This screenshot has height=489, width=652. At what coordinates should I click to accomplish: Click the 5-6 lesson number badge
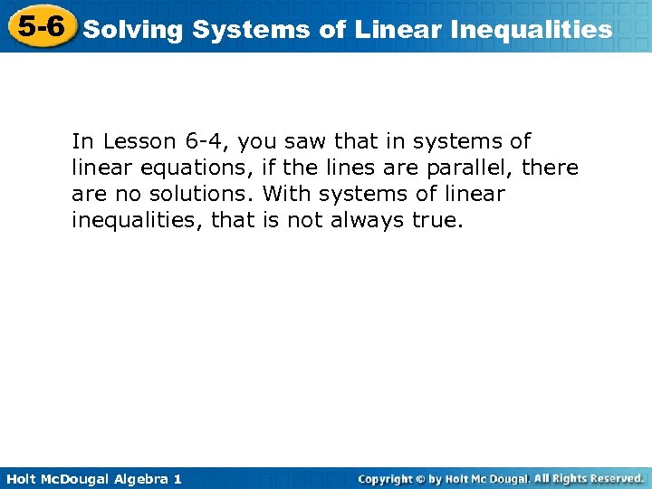[x=40, y=26]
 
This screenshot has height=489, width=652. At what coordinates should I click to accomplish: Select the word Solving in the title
[x=133, y=30]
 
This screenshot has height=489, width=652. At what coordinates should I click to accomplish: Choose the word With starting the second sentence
[x=285, y=194]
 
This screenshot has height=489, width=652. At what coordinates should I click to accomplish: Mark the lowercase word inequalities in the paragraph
[x=135, y=220]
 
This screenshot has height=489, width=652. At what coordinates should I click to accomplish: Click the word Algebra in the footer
[x=135, y=478]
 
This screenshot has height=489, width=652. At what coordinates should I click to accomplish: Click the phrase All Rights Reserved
[x=589, y=477]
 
